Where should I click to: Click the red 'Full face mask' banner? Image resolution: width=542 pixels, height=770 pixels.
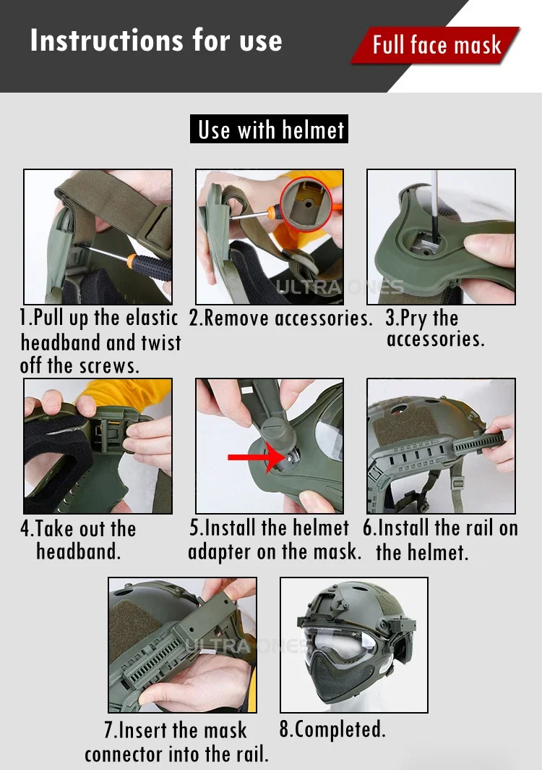click(x=435, y=45)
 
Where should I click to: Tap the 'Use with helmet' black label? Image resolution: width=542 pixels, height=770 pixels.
click(x=270, y=129)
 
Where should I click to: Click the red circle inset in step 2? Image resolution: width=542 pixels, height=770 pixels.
click(x=306, y=203)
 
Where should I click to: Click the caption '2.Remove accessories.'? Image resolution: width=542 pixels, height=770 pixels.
click(x=280, y=318)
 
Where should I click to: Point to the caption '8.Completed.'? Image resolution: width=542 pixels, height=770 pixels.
click(x=332, y=729)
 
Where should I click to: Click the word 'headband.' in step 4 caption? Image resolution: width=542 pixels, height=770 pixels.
click(x=79, y=551)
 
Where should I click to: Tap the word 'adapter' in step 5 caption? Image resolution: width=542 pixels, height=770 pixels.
click(x=220, y=552)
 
